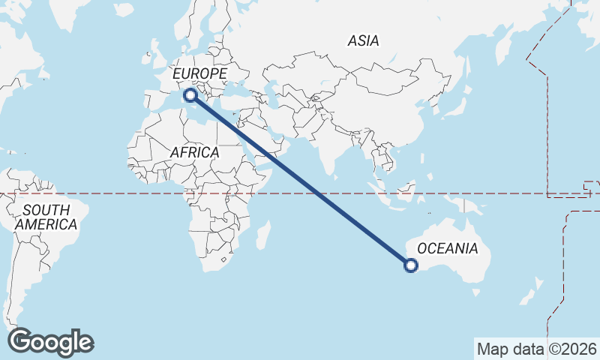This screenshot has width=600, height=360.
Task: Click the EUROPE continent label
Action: pyautogui.click(x=199, y=73)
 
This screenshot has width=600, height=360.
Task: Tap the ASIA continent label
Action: pyautogui.click(x=363, y=41)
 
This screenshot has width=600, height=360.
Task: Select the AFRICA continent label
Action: pyautogui.click(x=194, y=152)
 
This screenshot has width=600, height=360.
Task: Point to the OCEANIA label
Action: pyautogui.click(x=447, y=248)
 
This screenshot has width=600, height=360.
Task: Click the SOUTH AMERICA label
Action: pyautogui.click(x=46, y=217)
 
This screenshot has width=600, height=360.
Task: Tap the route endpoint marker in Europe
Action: pyautogui.click(x=190, y=94)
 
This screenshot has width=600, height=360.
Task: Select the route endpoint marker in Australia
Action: pyautogui.click(x=411, y=264)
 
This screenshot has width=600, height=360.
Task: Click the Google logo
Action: pyautogui.click(x=50, y=341)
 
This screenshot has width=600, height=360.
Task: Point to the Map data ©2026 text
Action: pyautogui.click(x=537, y=349)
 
